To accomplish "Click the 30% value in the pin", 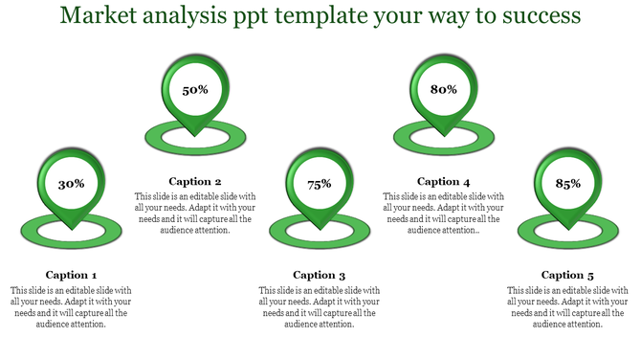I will click(71, 184).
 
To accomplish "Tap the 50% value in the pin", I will click(195, 90).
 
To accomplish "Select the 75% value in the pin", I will click(320, 184).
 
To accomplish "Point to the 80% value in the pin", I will click(444, 90).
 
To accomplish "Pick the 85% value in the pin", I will click(568, 184).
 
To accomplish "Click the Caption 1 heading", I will click(71, 275).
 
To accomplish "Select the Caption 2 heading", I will click(195, 181).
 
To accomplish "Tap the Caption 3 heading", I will click(320, 275).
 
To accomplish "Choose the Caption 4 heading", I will click(444, 181).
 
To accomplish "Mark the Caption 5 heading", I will click(568, 275).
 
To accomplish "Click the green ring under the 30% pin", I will click(29, 230).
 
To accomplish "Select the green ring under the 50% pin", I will click(153, 137).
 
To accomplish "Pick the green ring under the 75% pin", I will click(277, 230).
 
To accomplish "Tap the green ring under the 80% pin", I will click(402, 137).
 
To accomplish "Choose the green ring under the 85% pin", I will click(526, 230).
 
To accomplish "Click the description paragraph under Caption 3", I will click(320, 306).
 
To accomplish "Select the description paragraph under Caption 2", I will click(195, 213).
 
